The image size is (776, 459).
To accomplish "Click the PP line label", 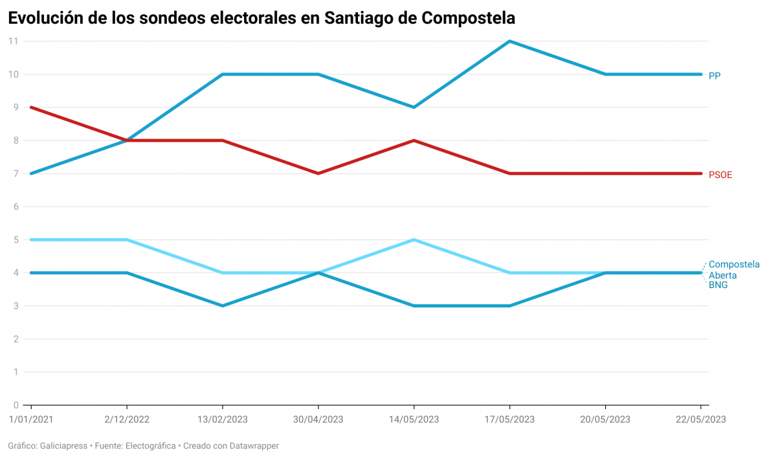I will (x=715, y=76).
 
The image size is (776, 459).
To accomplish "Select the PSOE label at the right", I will (x=720, y=175).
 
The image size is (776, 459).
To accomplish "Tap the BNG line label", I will (x=718, y=285).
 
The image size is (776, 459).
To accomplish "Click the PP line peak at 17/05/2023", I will (x=510, y=41).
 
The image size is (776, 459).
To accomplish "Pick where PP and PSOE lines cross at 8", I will (x=127, y=140).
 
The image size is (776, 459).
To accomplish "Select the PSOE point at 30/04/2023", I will (x=318, y=174).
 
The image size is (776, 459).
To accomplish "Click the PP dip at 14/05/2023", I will (x=414, y=107).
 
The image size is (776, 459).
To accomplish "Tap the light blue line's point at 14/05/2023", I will (x=414, y=240).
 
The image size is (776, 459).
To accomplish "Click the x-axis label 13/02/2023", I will (x=222, y=420).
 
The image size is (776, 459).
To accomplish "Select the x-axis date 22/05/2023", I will (x=701, y=420).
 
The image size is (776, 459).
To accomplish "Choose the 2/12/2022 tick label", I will (x=127, y=420).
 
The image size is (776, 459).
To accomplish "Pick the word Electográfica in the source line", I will (x=150, y=446).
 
